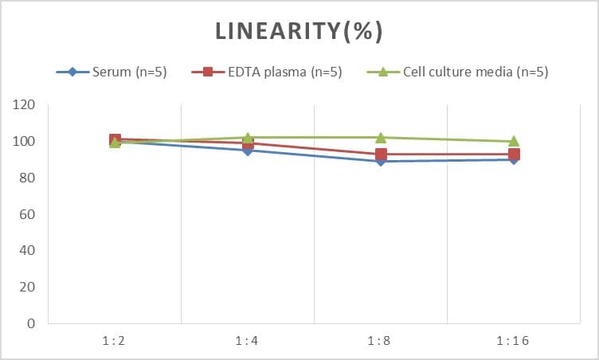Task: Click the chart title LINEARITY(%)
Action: pyautogui.click(x=299, y=31)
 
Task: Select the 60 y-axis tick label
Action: pyautogui.click(x=28, y=214)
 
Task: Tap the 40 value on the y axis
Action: pyautogui.click(x=28, y=251)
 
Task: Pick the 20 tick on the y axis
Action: pyautogui.click(x=28, y=288)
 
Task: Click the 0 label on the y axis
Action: pyautogui.click(x=31, y=324)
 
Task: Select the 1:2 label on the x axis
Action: pyautogui.click(x=115, y=340)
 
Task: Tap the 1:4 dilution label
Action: pyautogui.click(x=248, y=340)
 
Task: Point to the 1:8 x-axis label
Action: pyautogui.click(x=381, y=340)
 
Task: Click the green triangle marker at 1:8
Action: pyautogui.click(x=381, y=138)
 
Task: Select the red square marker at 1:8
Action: pyautogui.click(x=381, y=155)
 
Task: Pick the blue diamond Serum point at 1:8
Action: pyautogui.click(x=381, y=162)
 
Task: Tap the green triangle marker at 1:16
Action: pyautogui.click(x=514, y=141)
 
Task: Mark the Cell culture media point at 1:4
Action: pyautogui.click(x=248, y=138)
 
